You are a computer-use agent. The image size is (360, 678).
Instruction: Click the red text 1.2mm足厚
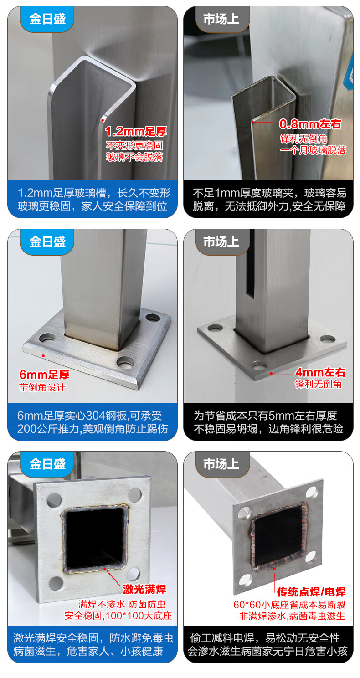click(x=136, y=131)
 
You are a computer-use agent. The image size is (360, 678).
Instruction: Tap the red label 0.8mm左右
click(x=310, y=124)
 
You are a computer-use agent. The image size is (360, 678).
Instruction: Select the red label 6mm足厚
click(x=44, y=375)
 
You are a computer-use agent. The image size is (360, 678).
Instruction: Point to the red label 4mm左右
click(x=320, y=372)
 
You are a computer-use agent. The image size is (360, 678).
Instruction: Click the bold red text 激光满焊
click(x=144, y=589)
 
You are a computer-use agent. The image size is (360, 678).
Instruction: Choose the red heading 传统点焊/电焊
click(x=311, y=592)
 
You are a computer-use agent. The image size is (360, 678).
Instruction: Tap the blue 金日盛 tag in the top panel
click(x=47, y=19)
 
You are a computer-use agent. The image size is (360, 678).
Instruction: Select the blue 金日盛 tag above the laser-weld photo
click(x=47, y=464)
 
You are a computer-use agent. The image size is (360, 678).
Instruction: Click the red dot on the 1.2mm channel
click(x=103, y=120)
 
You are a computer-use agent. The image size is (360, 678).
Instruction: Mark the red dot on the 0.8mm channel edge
click(x=252, y=122)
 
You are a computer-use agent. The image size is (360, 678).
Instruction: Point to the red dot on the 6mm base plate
click(x=43, y=356)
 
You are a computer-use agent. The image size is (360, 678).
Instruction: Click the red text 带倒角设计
click(x=42, y=387)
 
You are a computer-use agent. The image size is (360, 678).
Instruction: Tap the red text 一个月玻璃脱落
click(x=313, y=150)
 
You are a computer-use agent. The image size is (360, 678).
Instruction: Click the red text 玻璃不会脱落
click(x=135, y=157)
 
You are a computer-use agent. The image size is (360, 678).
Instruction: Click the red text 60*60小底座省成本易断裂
click(x=289, y=605)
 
